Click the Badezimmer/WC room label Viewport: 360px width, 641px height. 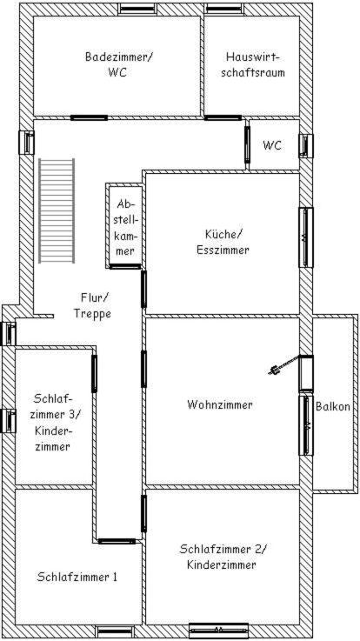tap(118, 64)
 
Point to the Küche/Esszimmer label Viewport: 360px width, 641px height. tap(223, 242)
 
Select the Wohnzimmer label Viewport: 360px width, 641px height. tap(220, 404)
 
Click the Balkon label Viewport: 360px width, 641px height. tap(333, 407)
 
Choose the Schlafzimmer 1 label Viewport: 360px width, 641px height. tap(77, 578)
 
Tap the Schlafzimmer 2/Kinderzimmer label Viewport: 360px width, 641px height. tap(223, 557)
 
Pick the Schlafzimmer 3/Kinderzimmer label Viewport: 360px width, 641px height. tap(57, 423)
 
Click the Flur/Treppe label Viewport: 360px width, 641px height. tap(92, 306)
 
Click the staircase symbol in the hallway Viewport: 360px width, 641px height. tap(57, 211)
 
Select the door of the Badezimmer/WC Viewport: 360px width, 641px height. tap(89, 117)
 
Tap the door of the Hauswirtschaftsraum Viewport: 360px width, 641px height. tap(223, 117)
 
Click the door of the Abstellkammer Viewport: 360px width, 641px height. tap(125, 266)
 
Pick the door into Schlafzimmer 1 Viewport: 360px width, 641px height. tap(117, 541)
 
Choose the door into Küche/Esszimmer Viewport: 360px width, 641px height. tap(143, 289)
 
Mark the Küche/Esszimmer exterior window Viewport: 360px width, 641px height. tap(306, 237)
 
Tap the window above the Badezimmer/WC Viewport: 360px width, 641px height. tap(137, 8)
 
